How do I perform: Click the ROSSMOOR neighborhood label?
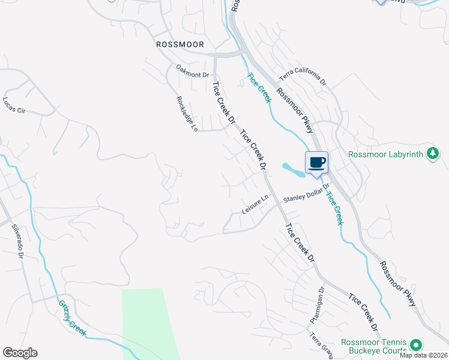click(179, 44)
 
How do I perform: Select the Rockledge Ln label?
click(187, 114)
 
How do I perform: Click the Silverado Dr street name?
click(17, 241)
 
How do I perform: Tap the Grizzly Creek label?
click(72, 318)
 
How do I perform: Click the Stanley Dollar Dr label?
click(306, 194)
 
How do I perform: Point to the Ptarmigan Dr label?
click(317, 305)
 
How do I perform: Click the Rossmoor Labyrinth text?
click(387, 154)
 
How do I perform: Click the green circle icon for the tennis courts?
click(415, 345)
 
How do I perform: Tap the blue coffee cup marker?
click(316, 161)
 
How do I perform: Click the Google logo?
click(20, 353)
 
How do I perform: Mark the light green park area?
click(146, 324)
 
